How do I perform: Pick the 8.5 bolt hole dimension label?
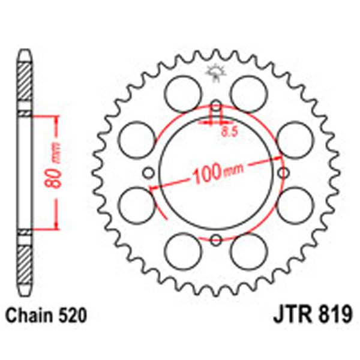click(227, 130)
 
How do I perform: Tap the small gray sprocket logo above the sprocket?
click(214, 73)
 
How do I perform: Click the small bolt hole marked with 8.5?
click(215, 107)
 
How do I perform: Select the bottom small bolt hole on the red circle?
click(215, 240)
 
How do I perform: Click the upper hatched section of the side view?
click(23, 82)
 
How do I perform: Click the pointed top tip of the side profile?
click(23, 48)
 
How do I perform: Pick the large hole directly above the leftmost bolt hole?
click(135, 137)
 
